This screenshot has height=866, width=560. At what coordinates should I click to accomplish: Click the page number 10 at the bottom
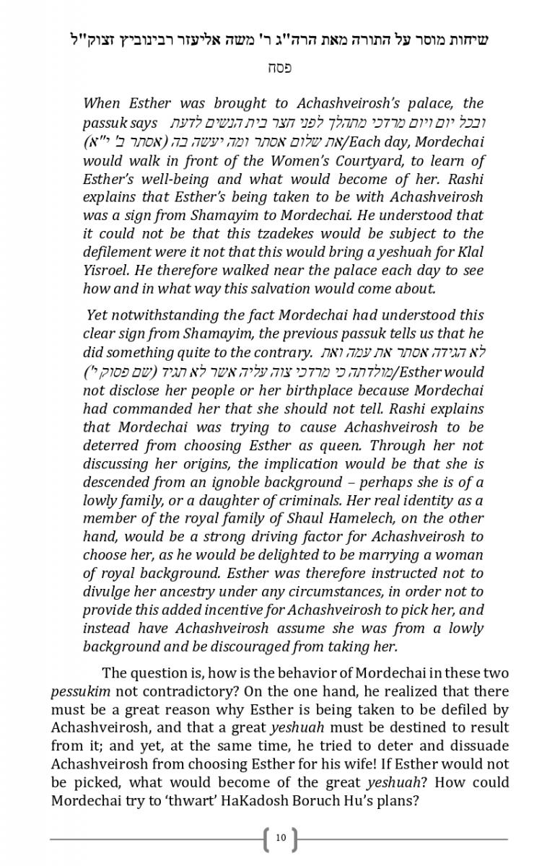click(x=281, y=838)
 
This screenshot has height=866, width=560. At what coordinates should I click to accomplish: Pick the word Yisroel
click(x=108, y=271)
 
